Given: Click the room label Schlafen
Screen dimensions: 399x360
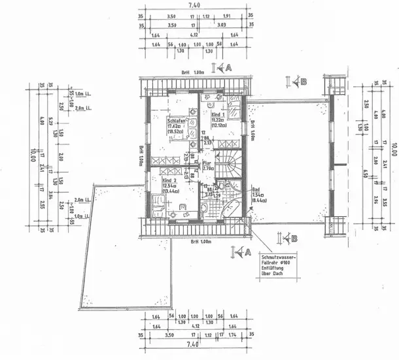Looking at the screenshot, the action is (177, 121).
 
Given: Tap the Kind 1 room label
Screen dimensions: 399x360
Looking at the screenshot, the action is (218, 114).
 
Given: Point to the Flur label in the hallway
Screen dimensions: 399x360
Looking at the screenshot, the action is (207, 163).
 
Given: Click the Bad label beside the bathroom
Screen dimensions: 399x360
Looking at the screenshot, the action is (256, 190).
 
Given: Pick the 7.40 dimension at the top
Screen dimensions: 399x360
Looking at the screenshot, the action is (194, 5).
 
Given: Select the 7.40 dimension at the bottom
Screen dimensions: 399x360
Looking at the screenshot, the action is (194, 345).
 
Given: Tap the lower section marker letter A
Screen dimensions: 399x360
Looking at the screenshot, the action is (247, 252).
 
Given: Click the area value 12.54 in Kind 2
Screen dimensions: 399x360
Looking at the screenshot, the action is (169, 185).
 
